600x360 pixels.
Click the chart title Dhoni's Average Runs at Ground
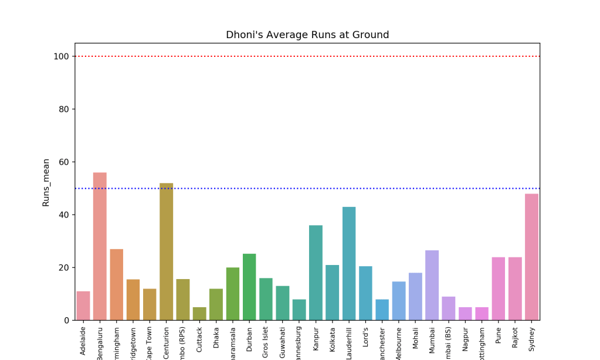point(307,35)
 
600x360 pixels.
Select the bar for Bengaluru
point(100,246)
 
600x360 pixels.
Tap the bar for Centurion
point(167,252)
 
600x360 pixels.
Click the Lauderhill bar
point(349,263)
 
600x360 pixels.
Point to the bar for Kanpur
point(316,273)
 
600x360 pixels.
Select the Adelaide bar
point(83,305)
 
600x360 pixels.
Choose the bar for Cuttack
point(199,314)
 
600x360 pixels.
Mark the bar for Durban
point(249,287)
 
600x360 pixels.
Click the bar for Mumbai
point(432,285)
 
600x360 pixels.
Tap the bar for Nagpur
point(465,314)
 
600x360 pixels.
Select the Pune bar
point(499,288)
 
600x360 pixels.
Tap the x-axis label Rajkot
point(515,338)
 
